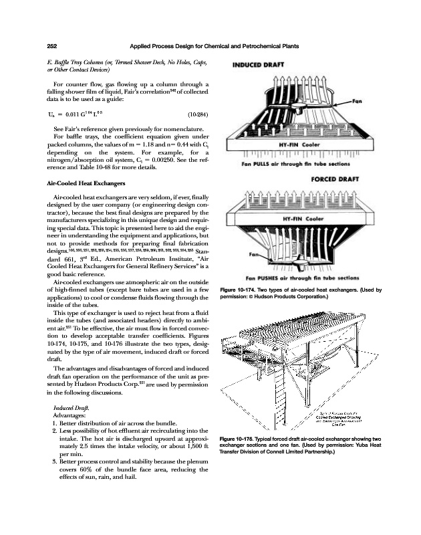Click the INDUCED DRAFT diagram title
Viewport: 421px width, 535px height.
(258, 66)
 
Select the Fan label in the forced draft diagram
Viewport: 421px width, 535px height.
(255, 255)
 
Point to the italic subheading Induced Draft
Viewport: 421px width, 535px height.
(67, 407)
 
